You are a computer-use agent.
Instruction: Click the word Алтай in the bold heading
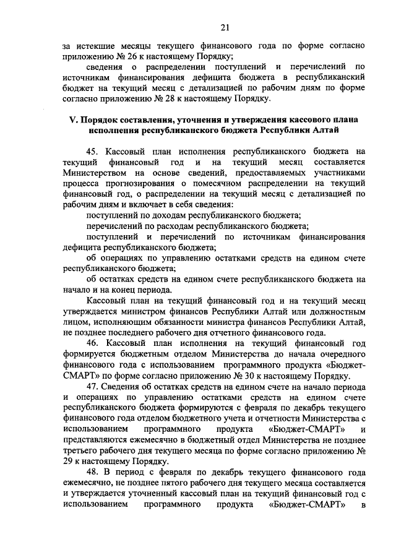(323, 131)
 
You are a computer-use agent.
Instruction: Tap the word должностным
(334, 311)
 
